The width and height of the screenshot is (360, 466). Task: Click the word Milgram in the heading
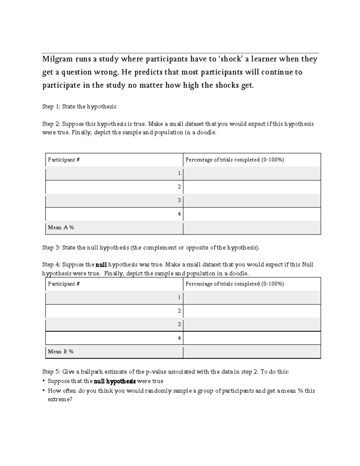(x=57, y=59)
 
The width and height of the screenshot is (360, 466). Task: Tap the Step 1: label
(x=52, y=107)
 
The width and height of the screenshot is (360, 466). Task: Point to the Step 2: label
(x=52, y=124)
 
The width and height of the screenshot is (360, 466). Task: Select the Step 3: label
(x=52, y=248)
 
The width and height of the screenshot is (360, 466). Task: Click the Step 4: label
(x=52, y=265)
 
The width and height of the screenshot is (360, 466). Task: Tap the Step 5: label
(x=52, y=372)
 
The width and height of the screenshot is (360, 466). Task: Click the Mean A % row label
(x=61, y=227)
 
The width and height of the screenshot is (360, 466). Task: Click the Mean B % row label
(x=61, y=352)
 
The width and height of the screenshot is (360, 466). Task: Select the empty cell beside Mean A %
(x=252, y=227)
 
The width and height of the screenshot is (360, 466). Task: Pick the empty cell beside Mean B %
(x=252, y=352)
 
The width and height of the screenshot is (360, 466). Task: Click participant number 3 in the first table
(x=179, y=200)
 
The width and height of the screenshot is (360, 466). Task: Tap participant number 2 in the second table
(x=179, y=311)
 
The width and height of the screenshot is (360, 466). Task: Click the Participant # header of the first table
(x=64, y=160)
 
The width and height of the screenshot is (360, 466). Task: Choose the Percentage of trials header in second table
(x=235, y=284)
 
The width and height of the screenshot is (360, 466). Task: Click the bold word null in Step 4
(x=101, y=265)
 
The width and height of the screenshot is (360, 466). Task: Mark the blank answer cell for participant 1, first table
(x=252, y=173)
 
